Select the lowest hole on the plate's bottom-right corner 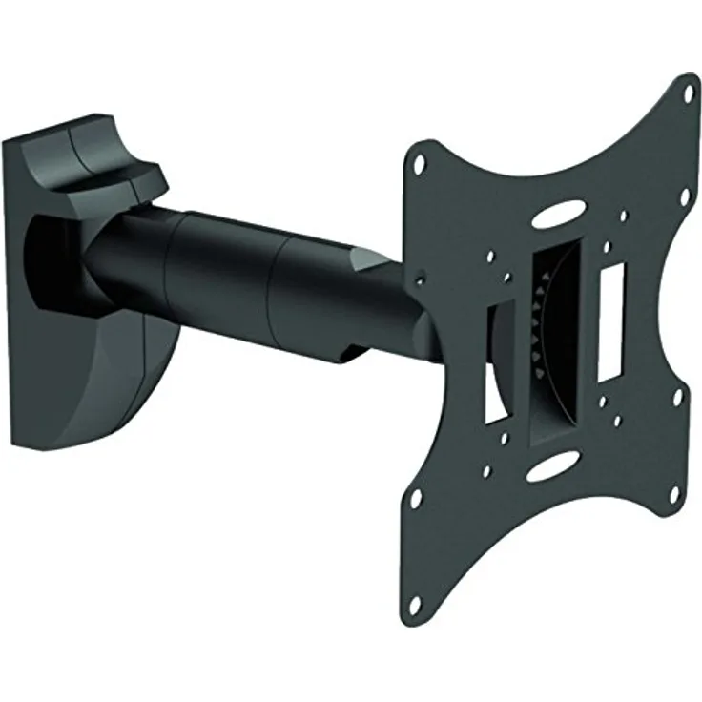[672, 493]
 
